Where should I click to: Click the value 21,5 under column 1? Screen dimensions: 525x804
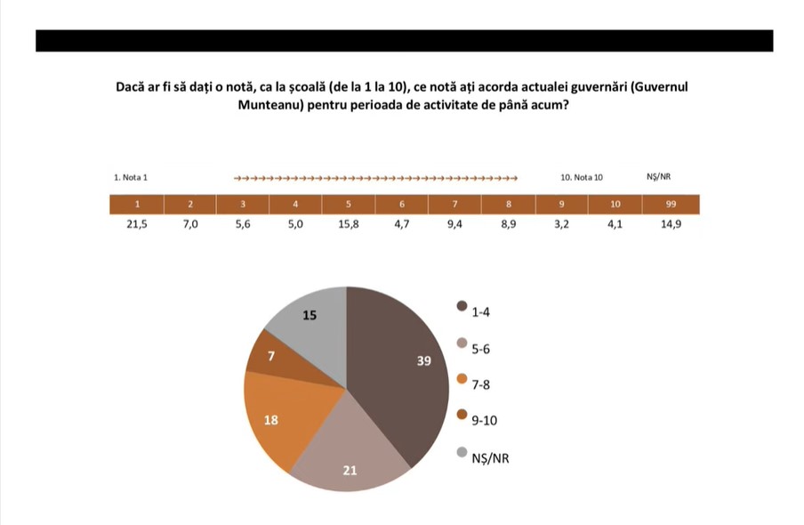tap(136, 225)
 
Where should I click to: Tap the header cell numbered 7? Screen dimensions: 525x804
tap(454, 205)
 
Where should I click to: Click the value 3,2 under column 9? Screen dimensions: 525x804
tap(562, 225)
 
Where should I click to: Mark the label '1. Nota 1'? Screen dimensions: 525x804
tap(131, 177)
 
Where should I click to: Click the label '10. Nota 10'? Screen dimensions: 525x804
tap(582, 177)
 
